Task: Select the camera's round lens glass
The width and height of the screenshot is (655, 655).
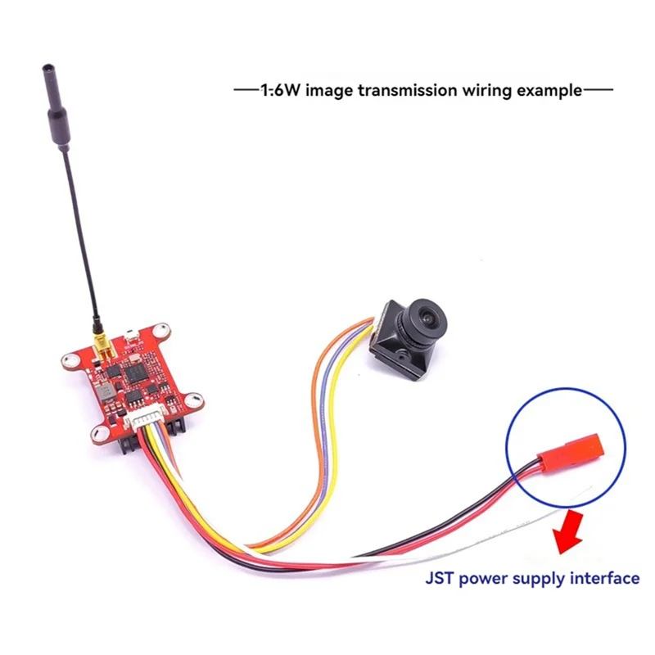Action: [428, 312]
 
